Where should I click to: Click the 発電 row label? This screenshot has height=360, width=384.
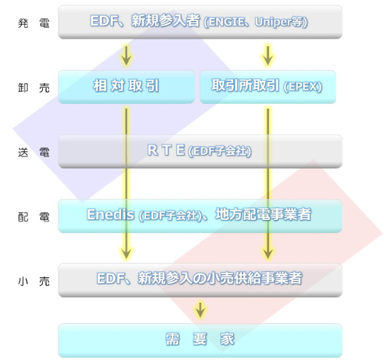coord(34,24)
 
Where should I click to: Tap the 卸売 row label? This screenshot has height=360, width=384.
coord(34,88)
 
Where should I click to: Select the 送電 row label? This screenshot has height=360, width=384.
coord(34,152)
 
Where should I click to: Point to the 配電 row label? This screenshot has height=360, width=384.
coord(34,217)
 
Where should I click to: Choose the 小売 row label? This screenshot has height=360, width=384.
coord(34,281)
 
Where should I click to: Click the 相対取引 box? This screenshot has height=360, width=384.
coord(126,87)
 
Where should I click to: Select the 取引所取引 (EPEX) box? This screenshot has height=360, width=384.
coord(268,87)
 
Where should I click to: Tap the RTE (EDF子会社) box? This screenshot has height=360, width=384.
coord(200,151)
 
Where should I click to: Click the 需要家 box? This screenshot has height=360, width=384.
coord(200,340)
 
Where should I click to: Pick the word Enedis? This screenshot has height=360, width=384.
coord(111,215)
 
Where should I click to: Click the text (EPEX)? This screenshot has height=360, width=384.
coord(302,87)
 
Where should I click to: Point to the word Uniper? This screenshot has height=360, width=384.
coord(273,22)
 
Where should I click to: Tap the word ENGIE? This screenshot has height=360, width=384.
coord(226,22)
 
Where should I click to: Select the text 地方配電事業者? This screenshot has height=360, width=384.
coord(263,215)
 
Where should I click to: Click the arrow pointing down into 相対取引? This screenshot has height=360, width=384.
coord(126,56)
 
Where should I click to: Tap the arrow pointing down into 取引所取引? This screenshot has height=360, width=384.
coord(268,56)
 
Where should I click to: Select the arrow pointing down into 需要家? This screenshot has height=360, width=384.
coord(200,310)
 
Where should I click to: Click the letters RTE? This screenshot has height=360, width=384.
coord(166,150)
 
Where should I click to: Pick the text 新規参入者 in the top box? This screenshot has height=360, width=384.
coord(166,20)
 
